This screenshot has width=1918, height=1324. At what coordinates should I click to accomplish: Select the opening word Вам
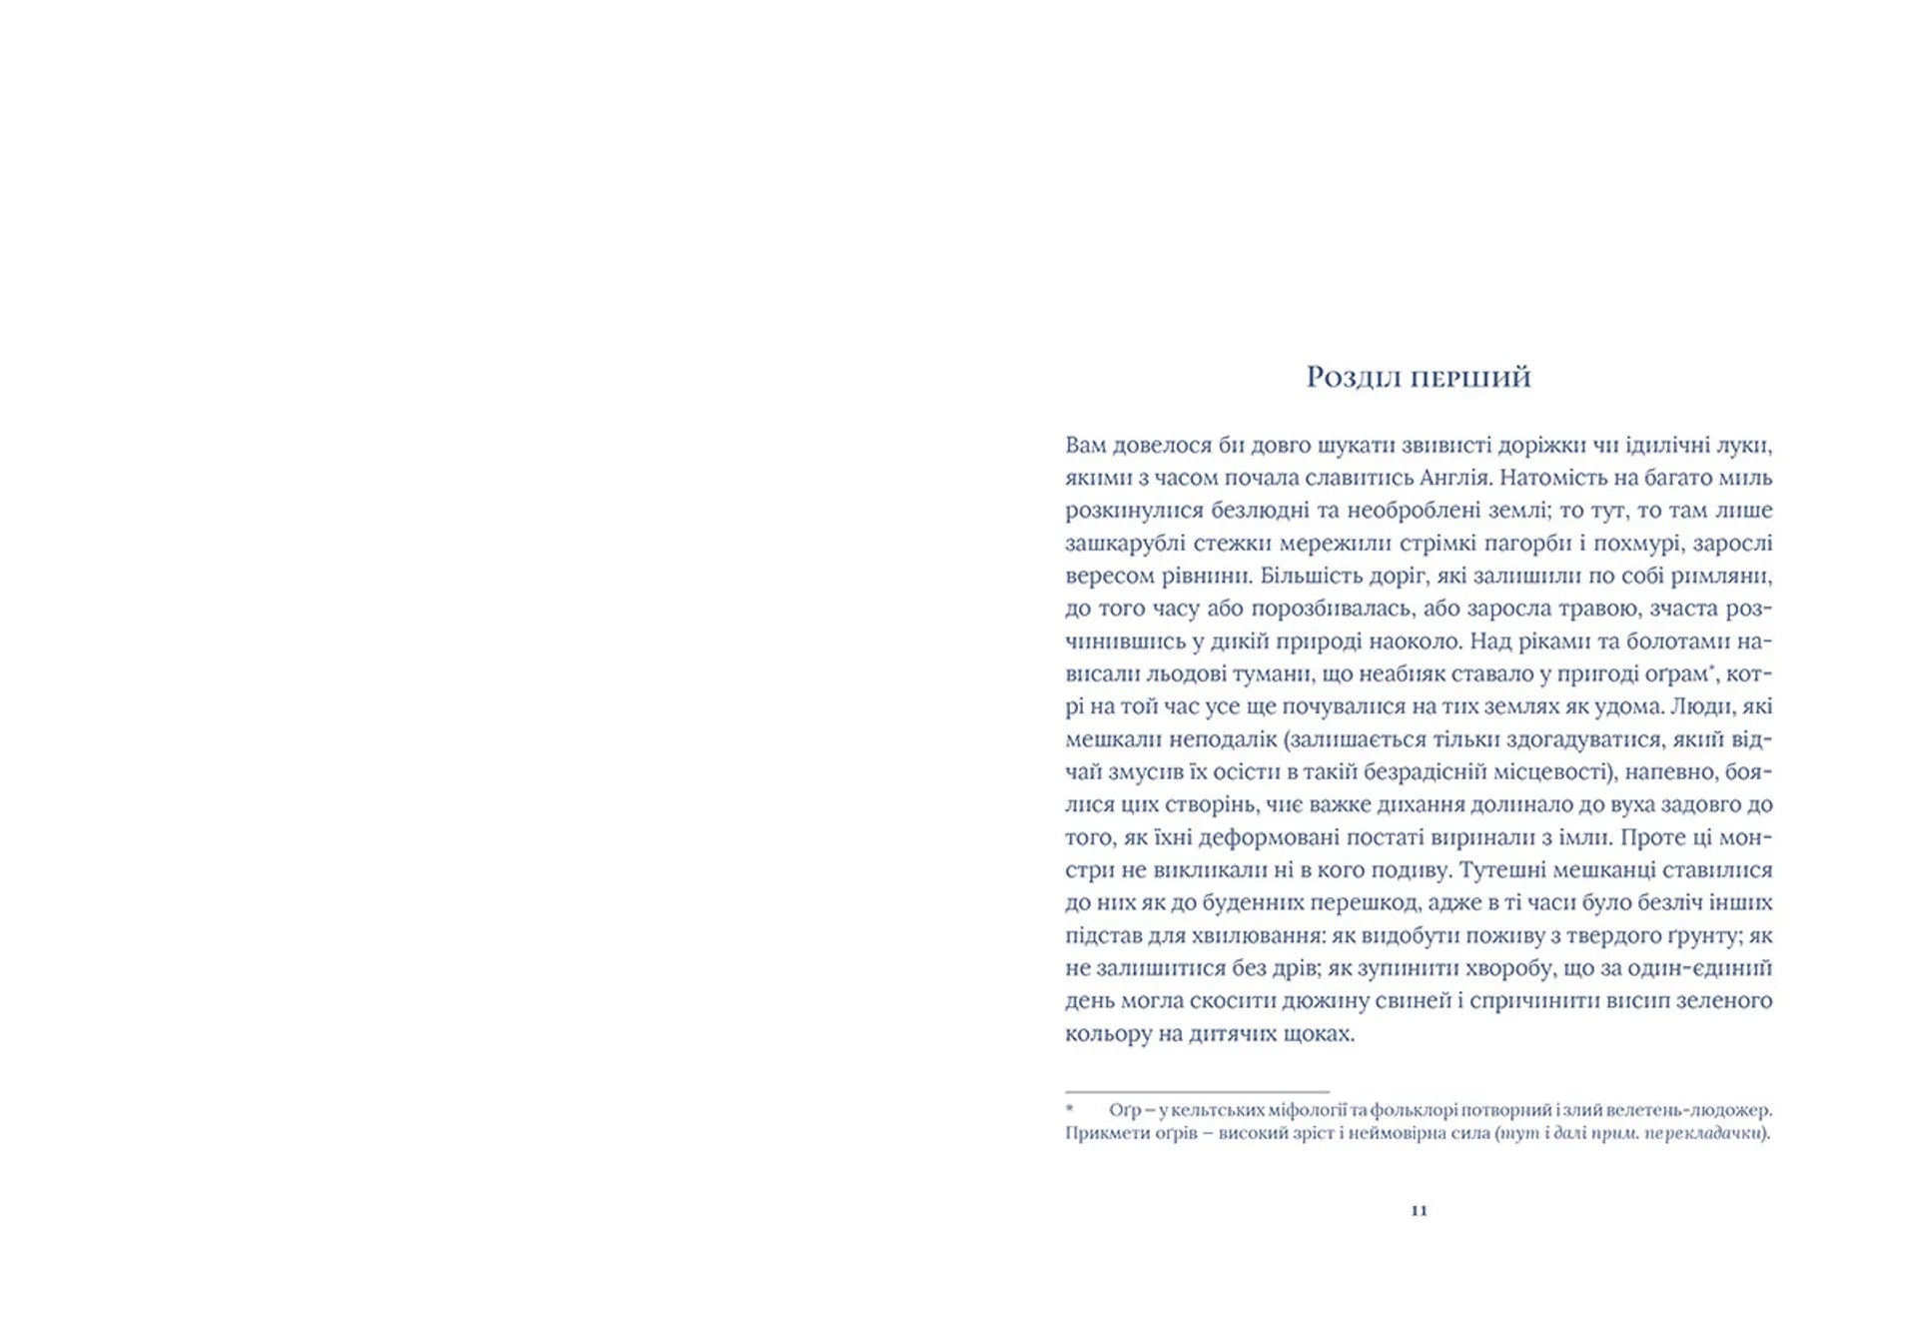tap(1085, 445)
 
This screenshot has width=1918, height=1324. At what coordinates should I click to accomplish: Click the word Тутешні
tap(1505, 869)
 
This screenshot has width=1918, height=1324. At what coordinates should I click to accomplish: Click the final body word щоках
tap(1320, 1033)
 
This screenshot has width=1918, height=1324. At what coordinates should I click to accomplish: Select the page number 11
tap(1419, 1210)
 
